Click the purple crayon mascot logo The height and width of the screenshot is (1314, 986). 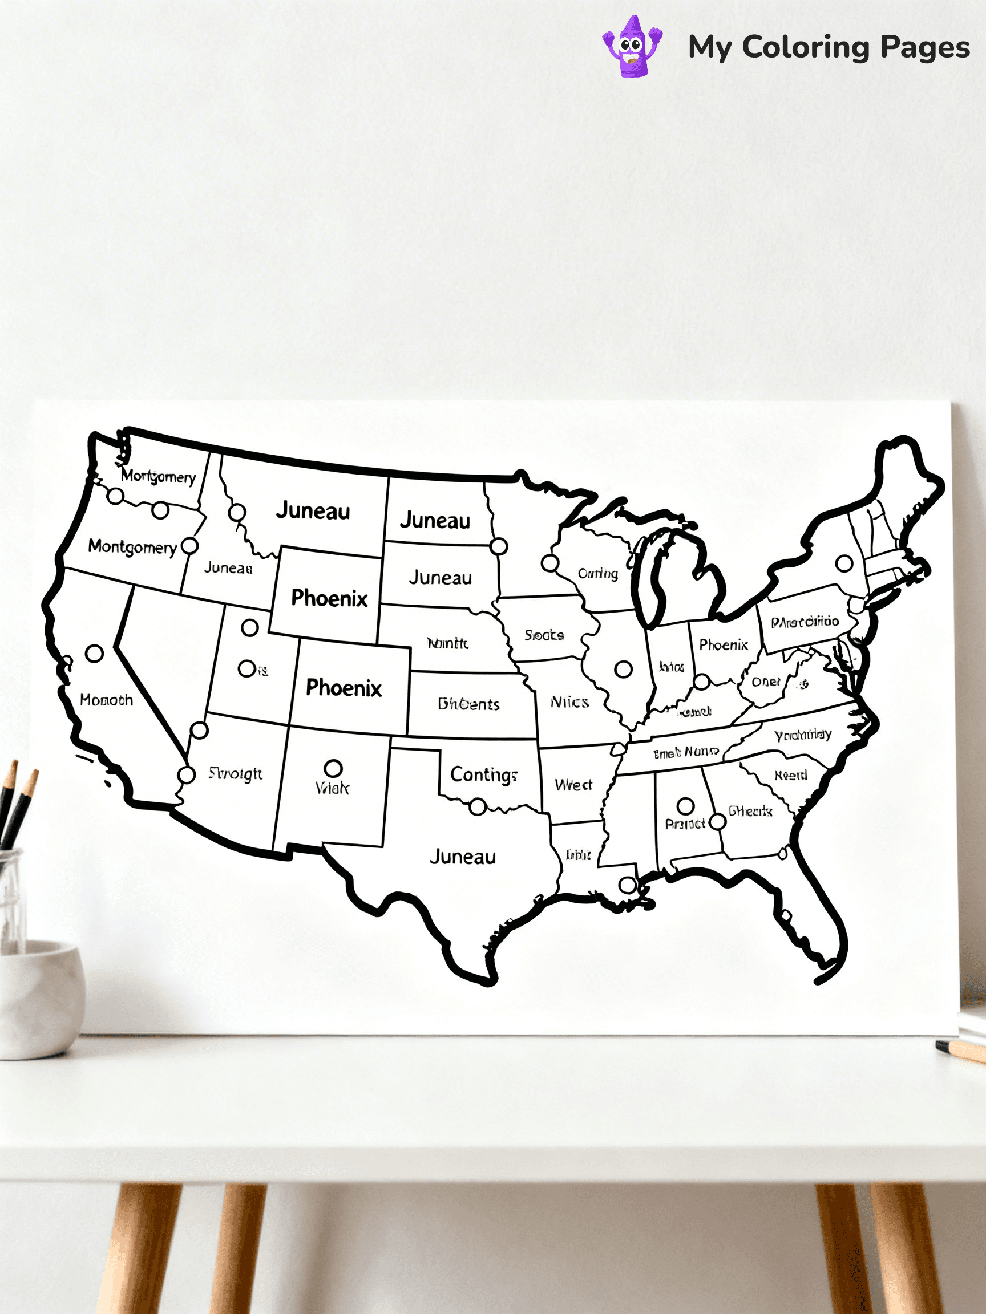[x=632, y=47]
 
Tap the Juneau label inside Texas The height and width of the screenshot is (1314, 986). [x=462, y=857]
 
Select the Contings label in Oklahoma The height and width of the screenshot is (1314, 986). [x=483, y=774]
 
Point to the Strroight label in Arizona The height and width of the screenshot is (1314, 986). [x=235, y=773]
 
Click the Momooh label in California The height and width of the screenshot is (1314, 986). [x=106, y=700]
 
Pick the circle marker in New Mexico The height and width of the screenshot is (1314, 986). [x=333, y=768]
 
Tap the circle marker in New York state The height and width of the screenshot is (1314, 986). [x=844, y=562]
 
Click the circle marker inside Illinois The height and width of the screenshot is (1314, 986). [x=623, y=670]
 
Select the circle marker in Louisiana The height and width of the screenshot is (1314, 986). [x=628, y=885]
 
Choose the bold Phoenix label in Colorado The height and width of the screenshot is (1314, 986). [x=344, y=688]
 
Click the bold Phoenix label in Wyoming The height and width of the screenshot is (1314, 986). [x=329, y=598]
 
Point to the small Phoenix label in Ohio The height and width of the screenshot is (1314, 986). [x=724, y=644]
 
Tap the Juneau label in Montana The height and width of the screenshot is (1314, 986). [x=313, y=511]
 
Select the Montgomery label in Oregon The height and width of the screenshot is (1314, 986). [x=132, y=547]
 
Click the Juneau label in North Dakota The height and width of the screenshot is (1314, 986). [x=435, y=520]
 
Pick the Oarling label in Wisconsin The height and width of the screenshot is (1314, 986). [x=598, y=573]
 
